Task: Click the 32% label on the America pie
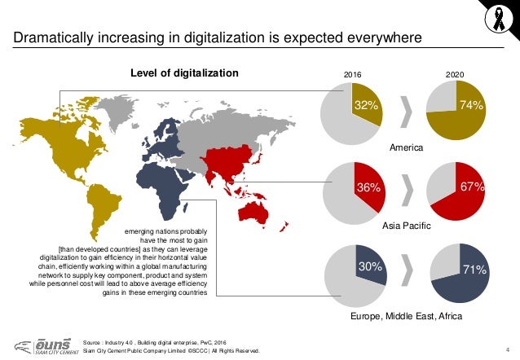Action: click(x=365, y=105)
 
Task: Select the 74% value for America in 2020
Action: click(x=472, y=105)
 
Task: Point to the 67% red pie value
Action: click(x=473, y=187)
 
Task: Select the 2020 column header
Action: click(x=456, y=73)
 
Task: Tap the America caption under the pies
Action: click(x=406, y=147)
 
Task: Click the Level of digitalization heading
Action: click(x=184, y=72)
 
